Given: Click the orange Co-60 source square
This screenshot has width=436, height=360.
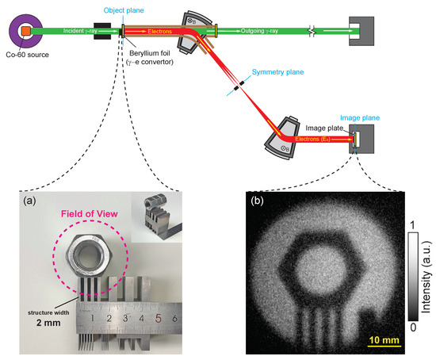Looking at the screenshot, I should tap(25, 31).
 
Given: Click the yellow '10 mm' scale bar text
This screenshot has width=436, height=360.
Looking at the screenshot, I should tap(384, 341).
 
